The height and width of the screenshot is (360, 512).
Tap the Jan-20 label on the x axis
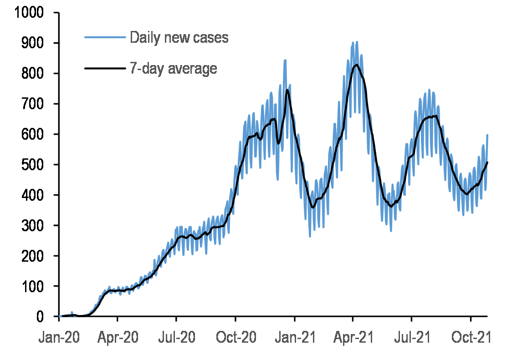point(59,338)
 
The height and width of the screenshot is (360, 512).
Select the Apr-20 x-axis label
point(118,338)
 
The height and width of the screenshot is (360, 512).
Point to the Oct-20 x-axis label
point(235,338)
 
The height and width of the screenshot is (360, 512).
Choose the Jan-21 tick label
point(294,338)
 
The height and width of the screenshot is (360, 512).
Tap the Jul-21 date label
point(411,338)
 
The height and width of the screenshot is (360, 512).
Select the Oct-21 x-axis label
point(470,338)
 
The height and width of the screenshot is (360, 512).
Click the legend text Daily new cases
point(179,37)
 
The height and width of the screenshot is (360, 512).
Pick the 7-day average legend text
point(174,68)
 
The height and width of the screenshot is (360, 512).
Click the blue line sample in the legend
point(105,37)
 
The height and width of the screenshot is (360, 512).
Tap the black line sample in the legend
point(105,68)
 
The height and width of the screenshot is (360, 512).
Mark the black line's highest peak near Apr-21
point(356,65)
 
